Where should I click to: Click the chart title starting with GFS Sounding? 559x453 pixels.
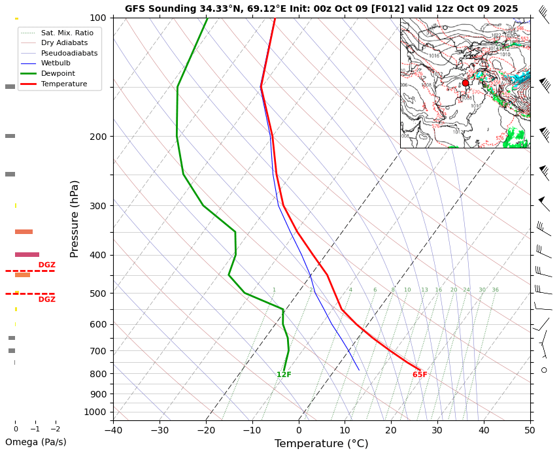pyautogui.click(x=321, y=9)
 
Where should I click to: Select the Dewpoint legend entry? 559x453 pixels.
pyautogui.click(x=58, y=74)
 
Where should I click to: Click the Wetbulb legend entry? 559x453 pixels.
pyautogui.click(x=56, y=63)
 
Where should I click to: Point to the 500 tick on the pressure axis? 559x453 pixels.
pyautogui.click(x=98, y=294)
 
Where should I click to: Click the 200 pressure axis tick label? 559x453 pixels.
pyautogui.click(x=98, y=137)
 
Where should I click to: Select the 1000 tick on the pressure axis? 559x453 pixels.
pyautogui.click(x=95, y=412)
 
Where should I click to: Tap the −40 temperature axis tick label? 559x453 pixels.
pyautogui.click(x=113, y=430)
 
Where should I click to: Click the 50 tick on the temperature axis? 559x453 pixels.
pyautogui.click(x=530, y=430)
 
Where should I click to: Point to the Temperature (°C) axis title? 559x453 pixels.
pyautogui.click(x=321, y=444)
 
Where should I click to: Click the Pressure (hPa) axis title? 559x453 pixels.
pyautogui.click(x=75, y=218)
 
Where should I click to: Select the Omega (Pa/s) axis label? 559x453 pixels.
pyautogui.click(x=35, y=443)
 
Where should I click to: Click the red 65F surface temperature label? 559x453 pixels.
pyautogui.click(x=420, y=375)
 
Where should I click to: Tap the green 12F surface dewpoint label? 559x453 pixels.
pyautogui.click(x=284, y=375)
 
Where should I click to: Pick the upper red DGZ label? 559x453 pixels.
pyautogui.click(x=46, y=265)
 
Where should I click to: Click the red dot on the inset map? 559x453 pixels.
pyautogui.click(x=466, y=83)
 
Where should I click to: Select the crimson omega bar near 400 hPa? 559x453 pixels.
pyautogui.click(x=27, y=254)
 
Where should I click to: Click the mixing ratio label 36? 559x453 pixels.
pyautogui.click(x=495, y=290)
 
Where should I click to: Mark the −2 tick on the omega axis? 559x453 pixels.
pyautogui.click(x=56, y=429)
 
